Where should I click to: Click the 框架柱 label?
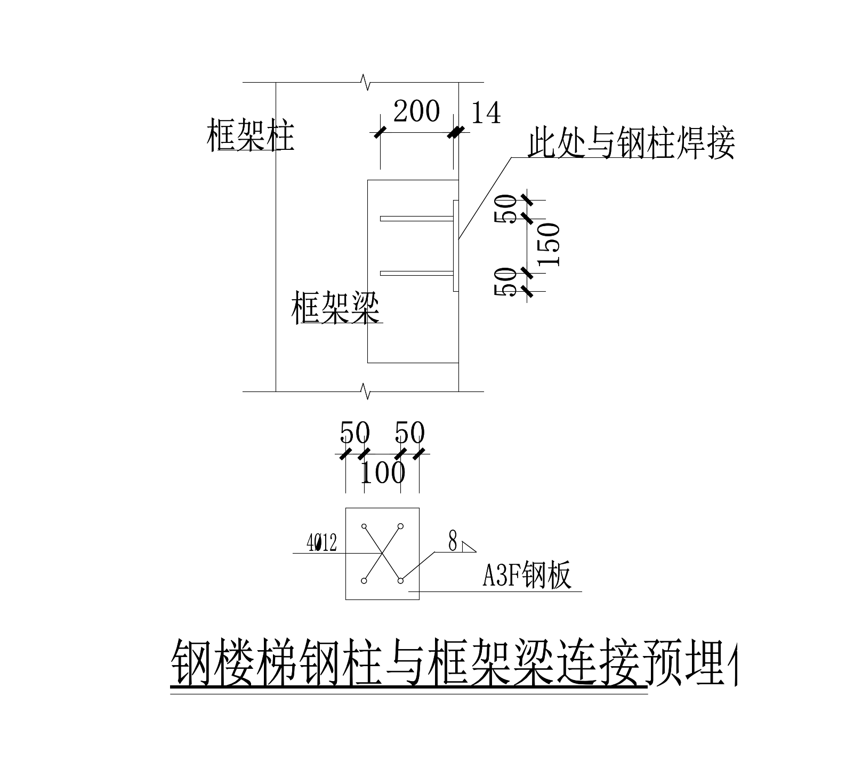coord(250,136)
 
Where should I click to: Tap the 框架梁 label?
coord(335,309)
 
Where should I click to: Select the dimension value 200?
coord(416,111)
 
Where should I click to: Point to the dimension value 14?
coord(486,113)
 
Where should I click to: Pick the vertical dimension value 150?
coord(549,244)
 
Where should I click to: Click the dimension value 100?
coord(383,472)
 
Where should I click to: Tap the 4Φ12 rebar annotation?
coord(321,543)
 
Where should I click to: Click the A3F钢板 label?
coord(527,575)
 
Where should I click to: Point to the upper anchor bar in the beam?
coord(416,219)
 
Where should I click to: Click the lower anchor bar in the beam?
coord(416,274)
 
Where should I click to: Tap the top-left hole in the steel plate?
coord(365,526)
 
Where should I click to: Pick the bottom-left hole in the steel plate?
coord(364,580)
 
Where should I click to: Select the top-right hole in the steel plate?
coord(401,526)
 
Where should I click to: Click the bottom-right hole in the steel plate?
coord(401,580)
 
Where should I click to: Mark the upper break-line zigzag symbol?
coord(366,82)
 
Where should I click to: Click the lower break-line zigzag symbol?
coord(366,391)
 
